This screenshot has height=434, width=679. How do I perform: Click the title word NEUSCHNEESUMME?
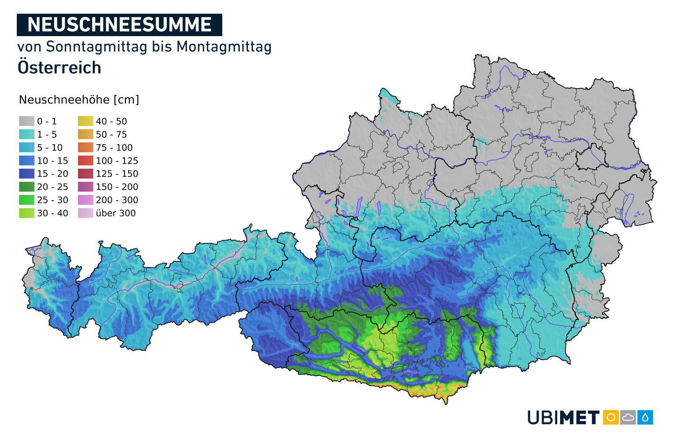coord(120,25)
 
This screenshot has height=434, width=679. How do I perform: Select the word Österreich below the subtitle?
coord(59,68)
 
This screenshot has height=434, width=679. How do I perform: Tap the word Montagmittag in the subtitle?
coord(224,47)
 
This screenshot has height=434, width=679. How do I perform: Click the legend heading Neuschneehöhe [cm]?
coord(79,100)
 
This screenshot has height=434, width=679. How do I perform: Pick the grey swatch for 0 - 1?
coord(27,121)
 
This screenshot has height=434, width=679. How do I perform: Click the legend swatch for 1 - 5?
coord(27,134)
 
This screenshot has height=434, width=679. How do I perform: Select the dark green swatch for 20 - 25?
coord(27,187)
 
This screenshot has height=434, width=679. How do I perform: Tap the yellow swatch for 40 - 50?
coord(86,121)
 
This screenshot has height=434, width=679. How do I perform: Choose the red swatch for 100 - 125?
coord(86,160)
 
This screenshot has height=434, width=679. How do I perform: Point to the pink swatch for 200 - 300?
coord(86,200)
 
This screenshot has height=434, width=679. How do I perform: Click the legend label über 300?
coord(115,213)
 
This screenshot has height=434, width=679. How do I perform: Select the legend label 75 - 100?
coord(114,147)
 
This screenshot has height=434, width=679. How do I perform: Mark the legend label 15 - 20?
coord(53,174)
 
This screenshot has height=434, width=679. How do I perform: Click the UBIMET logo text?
coord(563,417)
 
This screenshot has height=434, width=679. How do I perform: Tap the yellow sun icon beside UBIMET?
coord(611,417)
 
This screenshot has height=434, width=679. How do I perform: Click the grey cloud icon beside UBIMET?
coord(628,417)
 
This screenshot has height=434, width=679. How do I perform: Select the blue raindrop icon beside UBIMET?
coord(645,417)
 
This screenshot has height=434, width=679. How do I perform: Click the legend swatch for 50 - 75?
coord(86,134)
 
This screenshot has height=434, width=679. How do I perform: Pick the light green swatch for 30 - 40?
coord(27,213)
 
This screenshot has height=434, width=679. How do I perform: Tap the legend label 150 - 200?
coord(117,187)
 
